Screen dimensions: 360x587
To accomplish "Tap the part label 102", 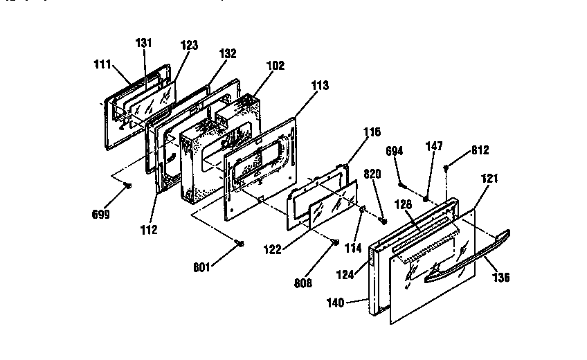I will pos(276,67).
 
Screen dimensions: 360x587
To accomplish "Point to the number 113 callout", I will pos(320,86).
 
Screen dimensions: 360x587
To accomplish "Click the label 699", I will pos(101,215).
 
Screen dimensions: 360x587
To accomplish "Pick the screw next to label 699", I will pos(128,185).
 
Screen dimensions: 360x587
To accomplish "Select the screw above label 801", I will pos(240,243).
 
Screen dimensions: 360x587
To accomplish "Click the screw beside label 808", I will pos(334,242).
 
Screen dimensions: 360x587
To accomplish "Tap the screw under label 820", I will pos(382,221).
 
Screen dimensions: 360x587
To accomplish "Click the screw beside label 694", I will pos(402,184).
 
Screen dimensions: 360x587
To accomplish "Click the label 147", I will pos(434,146).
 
